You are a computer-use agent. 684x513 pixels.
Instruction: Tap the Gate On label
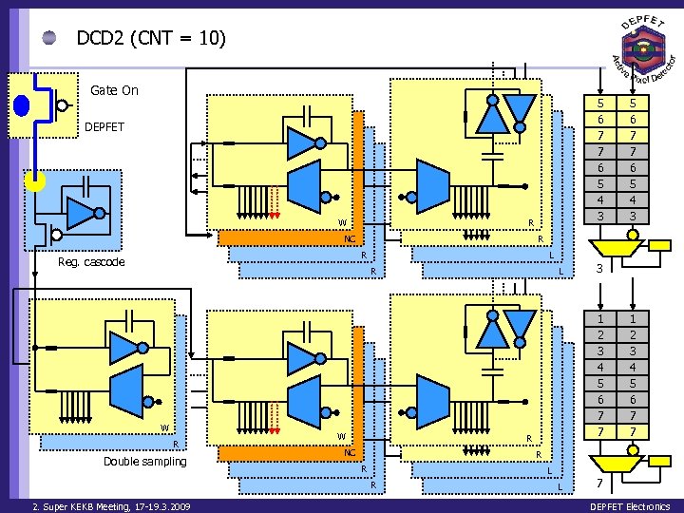tap(114, 90)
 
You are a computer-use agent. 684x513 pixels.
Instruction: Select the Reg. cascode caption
tap(91, 262)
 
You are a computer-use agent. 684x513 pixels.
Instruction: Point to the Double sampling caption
tap(145, 462)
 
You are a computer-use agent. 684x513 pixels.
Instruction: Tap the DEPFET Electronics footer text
tap(630, 506)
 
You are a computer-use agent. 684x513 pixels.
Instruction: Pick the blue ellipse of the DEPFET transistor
tap(22, 104)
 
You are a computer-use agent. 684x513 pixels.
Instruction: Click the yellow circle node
tap(35, 180)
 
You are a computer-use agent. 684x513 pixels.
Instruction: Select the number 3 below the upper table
tap(600, 269)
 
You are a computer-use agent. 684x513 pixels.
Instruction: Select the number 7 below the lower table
tap(600, 484)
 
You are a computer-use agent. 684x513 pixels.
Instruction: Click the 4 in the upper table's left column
tap(600, 200)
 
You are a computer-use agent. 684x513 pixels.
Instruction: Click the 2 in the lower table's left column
tap(600, 335)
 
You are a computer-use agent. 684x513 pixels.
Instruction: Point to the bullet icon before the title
tap(49, 39)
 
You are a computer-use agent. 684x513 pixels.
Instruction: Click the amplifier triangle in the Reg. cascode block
tap(82, 213)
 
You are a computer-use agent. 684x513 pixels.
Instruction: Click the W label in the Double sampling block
tap(164, 427)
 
